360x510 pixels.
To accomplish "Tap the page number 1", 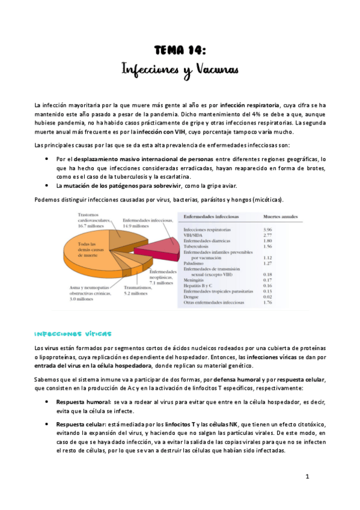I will [307, 476].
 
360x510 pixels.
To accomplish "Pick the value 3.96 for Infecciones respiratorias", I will [268, 230].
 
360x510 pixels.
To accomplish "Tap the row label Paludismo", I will [196, 263].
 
